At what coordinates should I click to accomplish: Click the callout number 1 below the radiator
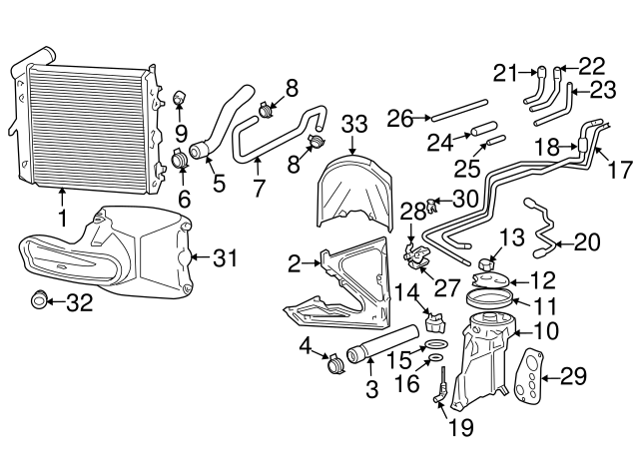click(x=63, y=216)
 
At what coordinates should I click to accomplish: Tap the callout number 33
click(x=354, y=125)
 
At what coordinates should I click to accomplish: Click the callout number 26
click(x=400, y=119)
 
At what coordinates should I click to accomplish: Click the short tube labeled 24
click(x=482, y=129)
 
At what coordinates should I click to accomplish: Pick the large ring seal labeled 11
click(x=496, y=297)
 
